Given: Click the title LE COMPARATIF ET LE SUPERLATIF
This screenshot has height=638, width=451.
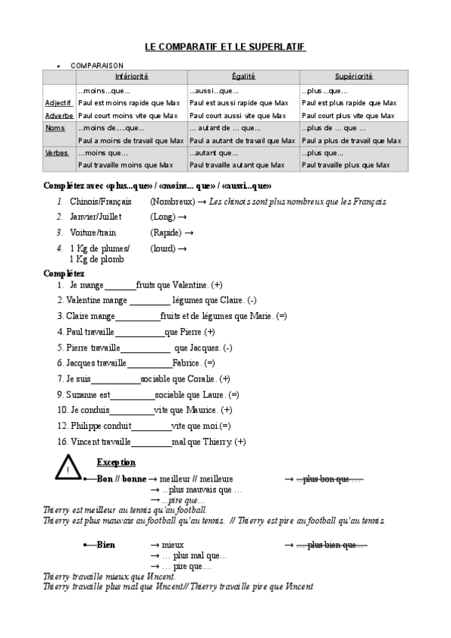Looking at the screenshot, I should coord(225,47).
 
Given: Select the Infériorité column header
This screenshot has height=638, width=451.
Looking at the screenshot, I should coord(132,77).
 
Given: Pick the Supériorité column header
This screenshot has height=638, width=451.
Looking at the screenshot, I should coord(353,77).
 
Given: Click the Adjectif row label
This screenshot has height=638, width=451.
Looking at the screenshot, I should coord(58,102).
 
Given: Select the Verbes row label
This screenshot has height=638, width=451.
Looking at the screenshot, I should coord(56,153).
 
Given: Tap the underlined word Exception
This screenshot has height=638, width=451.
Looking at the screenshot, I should coord(116,462).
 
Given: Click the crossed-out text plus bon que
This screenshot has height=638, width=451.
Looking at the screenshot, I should coord(329,478).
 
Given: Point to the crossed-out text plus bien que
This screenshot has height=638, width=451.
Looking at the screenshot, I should coord(331,544).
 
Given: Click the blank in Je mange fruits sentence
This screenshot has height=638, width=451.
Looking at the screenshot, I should coord(120,286).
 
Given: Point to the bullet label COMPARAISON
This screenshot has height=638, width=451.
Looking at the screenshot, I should coord(97,65).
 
